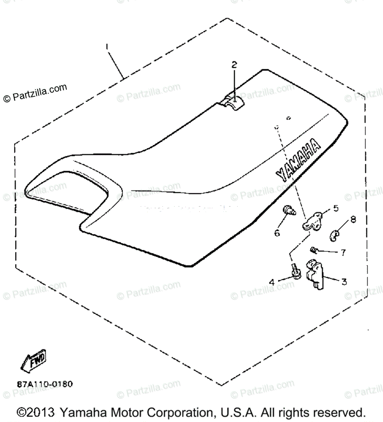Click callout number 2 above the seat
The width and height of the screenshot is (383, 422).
pyautogui.click(x=234, y=65)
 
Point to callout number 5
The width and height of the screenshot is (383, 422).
pyautogui.click(x=336, y=208)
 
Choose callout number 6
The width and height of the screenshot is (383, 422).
pyautogui.click(x=277, y=232)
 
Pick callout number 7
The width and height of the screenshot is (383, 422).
pyautogui.click(x=343, y=252)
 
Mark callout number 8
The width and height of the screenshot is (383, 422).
pyautogui.click(x=353, y=219)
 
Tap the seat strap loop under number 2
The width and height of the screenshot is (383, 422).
pyautogui.click(x=233, y=102)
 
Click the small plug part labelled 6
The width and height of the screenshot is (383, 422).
pyautogui.click(x=289, y=211)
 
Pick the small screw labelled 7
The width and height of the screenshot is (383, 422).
pyautogui.click(x=314, y=250)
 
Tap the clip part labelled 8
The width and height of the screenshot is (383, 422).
pyautogui.click(x=335, y=234)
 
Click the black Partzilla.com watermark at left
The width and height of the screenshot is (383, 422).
pyautogui.click(x=35, y=93)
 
